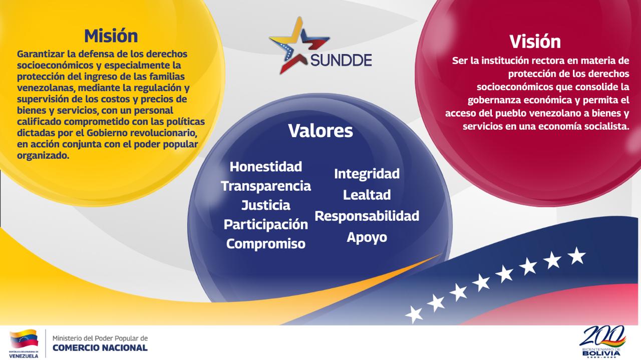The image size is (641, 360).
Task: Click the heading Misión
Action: (111, 36)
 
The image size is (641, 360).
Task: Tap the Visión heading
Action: (535, 42)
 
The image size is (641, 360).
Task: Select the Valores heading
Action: (320, 131)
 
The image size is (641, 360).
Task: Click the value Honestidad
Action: (266, 167)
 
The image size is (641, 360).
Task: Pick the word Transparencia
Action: (266, 186)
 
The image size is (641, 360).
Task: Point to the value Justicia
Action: (266, 205)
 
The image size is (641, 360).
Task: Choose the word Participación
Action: (266, 225)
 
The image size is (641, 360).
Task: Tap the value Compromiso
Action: (266, 244)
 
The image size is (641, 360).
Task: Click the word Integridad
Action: (367, 174)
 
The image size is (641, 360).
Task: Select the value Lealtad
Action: (367, 195)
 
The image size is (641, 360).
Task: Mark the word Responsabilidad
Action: (367, 216)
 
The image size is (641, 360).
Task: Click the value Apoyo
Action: (367, 237)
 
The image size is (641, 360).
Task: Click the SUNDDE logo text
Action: (341, 60)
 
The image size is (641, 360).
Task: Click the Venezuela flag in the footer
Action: (24, 338)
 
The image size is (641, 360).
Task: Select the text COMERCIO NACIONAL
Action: (100, 348)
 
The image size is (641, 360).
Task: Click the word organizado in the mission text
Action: (43, 156)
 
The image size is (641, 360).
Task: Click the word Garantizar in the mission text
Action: (41, 54)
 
